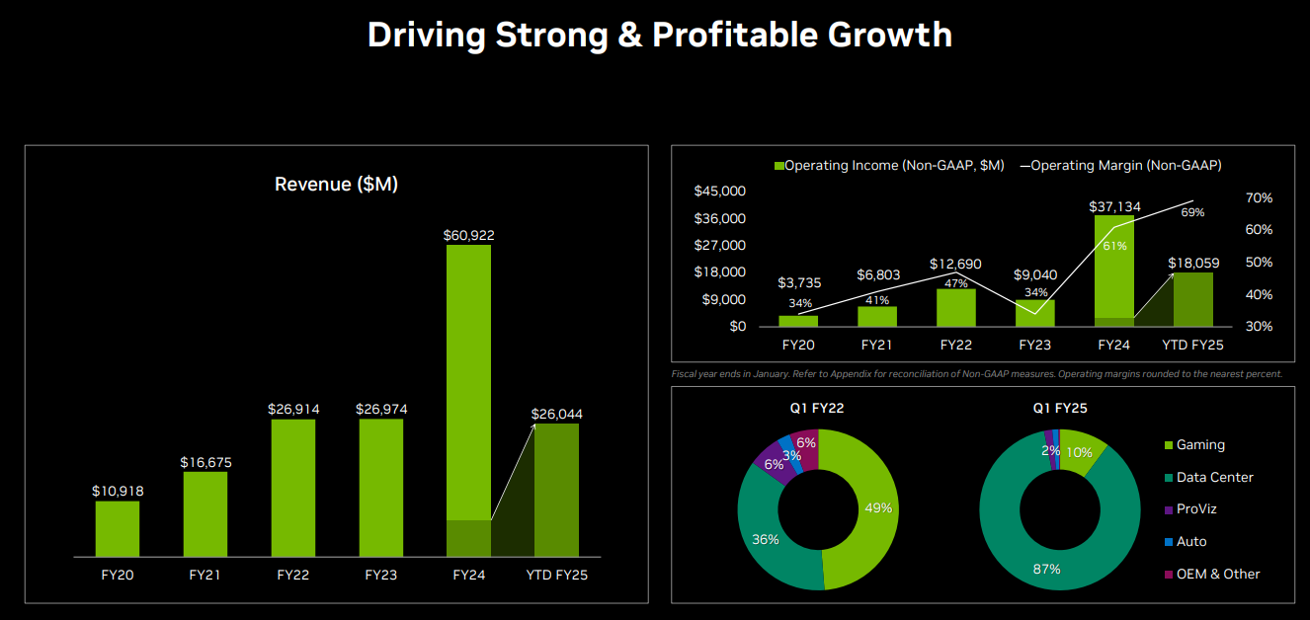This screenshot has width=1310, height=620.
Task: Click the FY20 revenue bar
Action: click(117, 528)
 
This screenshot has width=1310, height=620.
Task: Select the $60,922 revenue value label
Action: click(468, 235)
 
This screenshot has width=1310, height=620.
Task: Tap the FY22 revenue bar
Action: click(293, 488)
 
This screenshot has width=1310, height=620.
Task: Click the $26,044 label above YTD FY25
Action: click(556, 414)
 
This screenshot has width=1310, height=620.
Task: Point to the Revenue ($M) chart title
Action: click(336, 185)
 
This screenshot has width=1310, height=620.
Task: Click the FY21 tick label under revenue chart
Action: click(205, 575)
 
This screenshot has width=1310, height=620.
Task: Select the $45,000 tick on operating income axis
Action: click(720, 192)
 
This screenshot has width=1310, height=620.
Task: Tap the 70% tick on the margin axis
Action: click(1259, 198)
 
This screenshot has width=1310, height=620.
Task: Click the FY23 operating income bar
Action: click(1034, 313)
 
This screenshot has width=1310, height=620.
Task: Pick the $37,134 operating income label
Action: click(1114, 206)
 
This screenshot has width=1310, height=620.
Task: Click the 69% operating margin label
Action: click(1192, 212)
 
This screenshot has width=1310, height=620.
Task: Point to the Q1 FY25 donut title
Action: click(1060, 408)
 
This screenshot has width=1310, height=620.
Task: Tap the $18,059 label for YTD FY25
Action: click(1192, 264)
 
